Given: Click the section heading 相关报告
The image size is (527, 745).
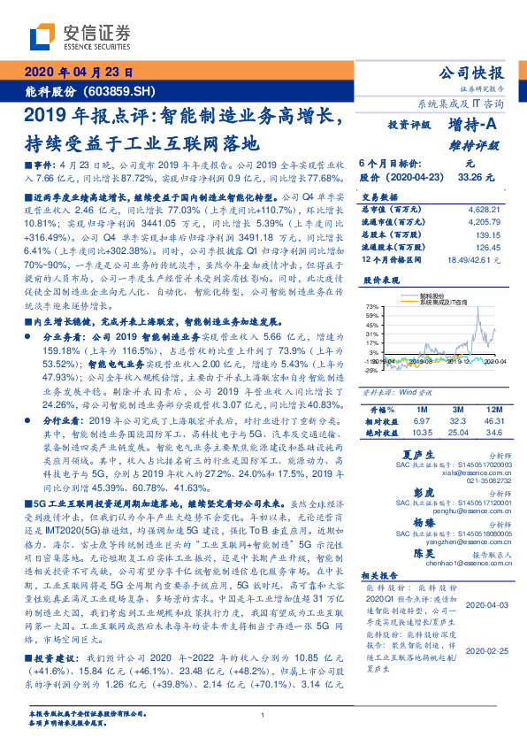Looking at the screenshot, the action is [376, 576].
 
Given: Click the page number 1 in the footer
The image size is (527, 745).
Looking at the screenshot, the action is [263, 716].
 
